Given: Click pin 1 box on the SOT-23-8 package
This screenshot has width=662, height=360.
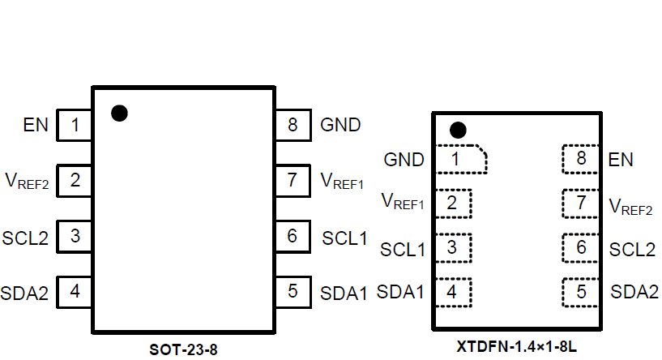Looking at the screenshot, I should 75,126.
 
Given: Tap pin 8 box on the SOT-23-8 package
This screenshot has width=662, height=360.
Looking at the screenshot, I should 292,126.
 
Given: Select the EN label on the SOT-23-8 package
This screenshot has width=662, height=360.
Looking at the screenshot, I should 36,126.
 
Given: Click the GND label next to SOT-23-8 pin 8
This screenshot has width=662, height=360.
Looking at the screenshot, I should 340,126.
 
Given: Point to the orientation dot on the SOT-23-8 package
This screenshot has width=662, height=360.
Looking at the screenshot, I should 119,113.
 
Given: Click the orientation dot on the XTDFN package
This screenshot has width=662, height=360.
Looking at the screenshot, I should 458,130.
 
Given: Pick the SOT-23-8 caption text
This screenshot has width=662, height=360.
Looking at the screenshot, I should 184,350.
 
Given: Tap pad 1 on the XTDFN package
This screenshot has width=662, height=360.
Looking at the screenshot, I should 459,159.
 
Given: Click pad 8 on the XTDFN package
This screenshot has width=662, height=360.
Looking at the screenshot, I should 581,159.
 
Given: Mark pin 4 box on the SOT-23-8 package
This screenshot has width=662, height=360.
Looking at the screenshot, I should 75,292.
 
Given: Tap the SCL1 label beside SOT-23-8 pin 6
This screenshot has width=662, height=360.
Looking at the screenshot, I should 344,238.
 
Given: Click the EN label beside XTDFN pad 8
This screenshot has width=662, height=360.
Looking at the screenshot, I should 621,160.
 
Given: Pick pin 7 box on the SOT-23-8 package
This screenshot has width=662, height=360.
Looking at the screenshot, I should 292,181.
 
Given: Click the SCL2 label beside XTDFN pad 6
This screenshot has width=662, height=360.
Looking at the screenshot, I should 632,249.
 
